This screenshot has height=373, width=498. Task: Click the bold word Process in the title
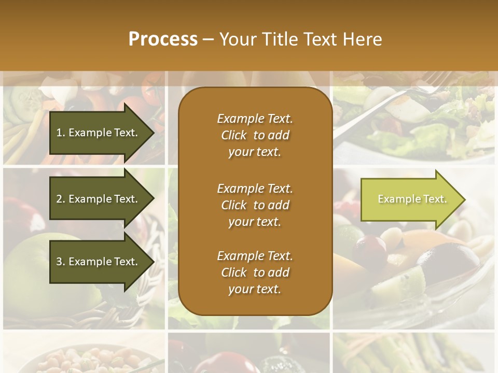(x=163, y=39)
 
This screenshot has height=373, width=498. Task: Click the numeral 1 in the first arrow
(x=59, y=133)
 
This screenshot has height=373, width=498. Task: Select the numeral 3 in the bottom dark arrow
(x=59, y=262)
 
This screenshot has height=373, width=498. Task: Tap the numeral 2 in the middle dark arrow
(x=59, y=199)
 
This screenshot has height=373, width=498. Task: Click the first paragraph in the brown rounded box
(x=255, y=135)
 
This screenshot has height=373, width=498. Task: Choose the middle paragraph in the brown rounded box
(x=255, y=205)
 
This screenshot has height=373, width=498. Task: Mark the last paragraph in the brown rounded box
(x=255, y=272)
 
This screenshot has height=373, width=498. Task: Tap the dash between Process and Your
(x=208, y=39)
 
